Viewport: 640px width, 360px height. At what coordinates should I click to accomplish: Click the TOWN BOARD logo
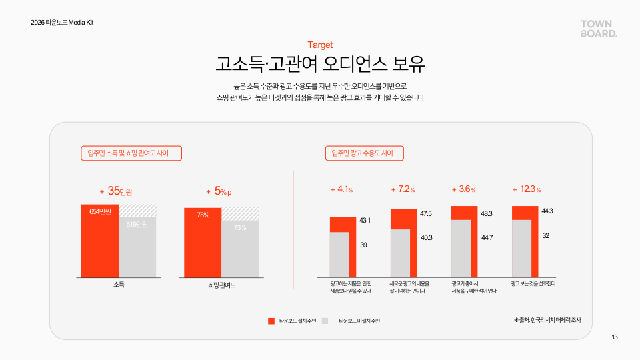(599, 28)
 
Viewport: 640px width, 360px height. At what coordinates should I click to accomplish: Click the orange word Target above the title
(320, 45)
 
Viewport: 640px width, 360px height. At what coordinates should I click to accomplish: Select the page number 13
(615, 337)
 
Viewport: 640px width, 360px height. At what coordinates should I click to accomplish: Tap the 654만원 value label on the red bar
(100, 211)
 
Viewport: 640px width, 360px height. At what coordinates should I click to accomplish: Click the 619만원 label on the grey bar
(137, 224)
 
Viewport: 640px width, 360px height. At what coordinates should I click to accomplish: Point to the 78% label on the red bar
(203, 215)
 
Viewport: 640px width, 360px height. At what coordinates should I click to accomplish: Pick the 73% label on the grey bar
(240, 228)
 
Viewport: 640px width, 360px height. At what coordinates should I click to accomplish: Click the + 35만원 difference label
(120, 191)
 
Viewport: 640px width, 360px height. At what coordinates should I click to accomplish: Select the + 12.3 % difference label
(526, 189)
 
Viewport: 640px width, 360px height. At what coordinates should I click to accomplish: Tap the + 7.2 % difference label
(403, 189)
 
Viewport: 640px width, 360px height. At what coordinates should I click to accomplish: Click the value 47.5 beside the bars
(427, 213)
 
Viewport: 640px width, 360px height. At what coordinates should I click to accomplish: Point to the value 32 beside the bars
(545, 235)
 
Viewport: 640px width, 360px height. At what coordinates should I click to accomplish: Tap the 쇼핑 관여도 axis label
(222, 285)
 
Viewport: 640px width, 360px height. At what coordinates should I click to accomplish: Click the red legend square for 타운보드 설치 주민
(271, 321)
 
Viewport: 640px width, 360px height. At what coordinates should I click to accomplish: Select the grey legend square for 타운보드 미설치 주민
(325, 321)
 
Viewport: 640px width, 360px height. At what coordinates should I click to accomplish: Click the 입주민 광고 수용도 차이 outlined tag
(364, 153)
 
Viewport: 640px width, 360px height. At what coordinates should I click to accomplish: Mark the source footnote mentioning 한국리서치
(547, 320)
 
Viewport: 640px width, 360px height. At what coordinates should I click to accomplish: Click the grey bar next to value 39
(339, 253)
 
